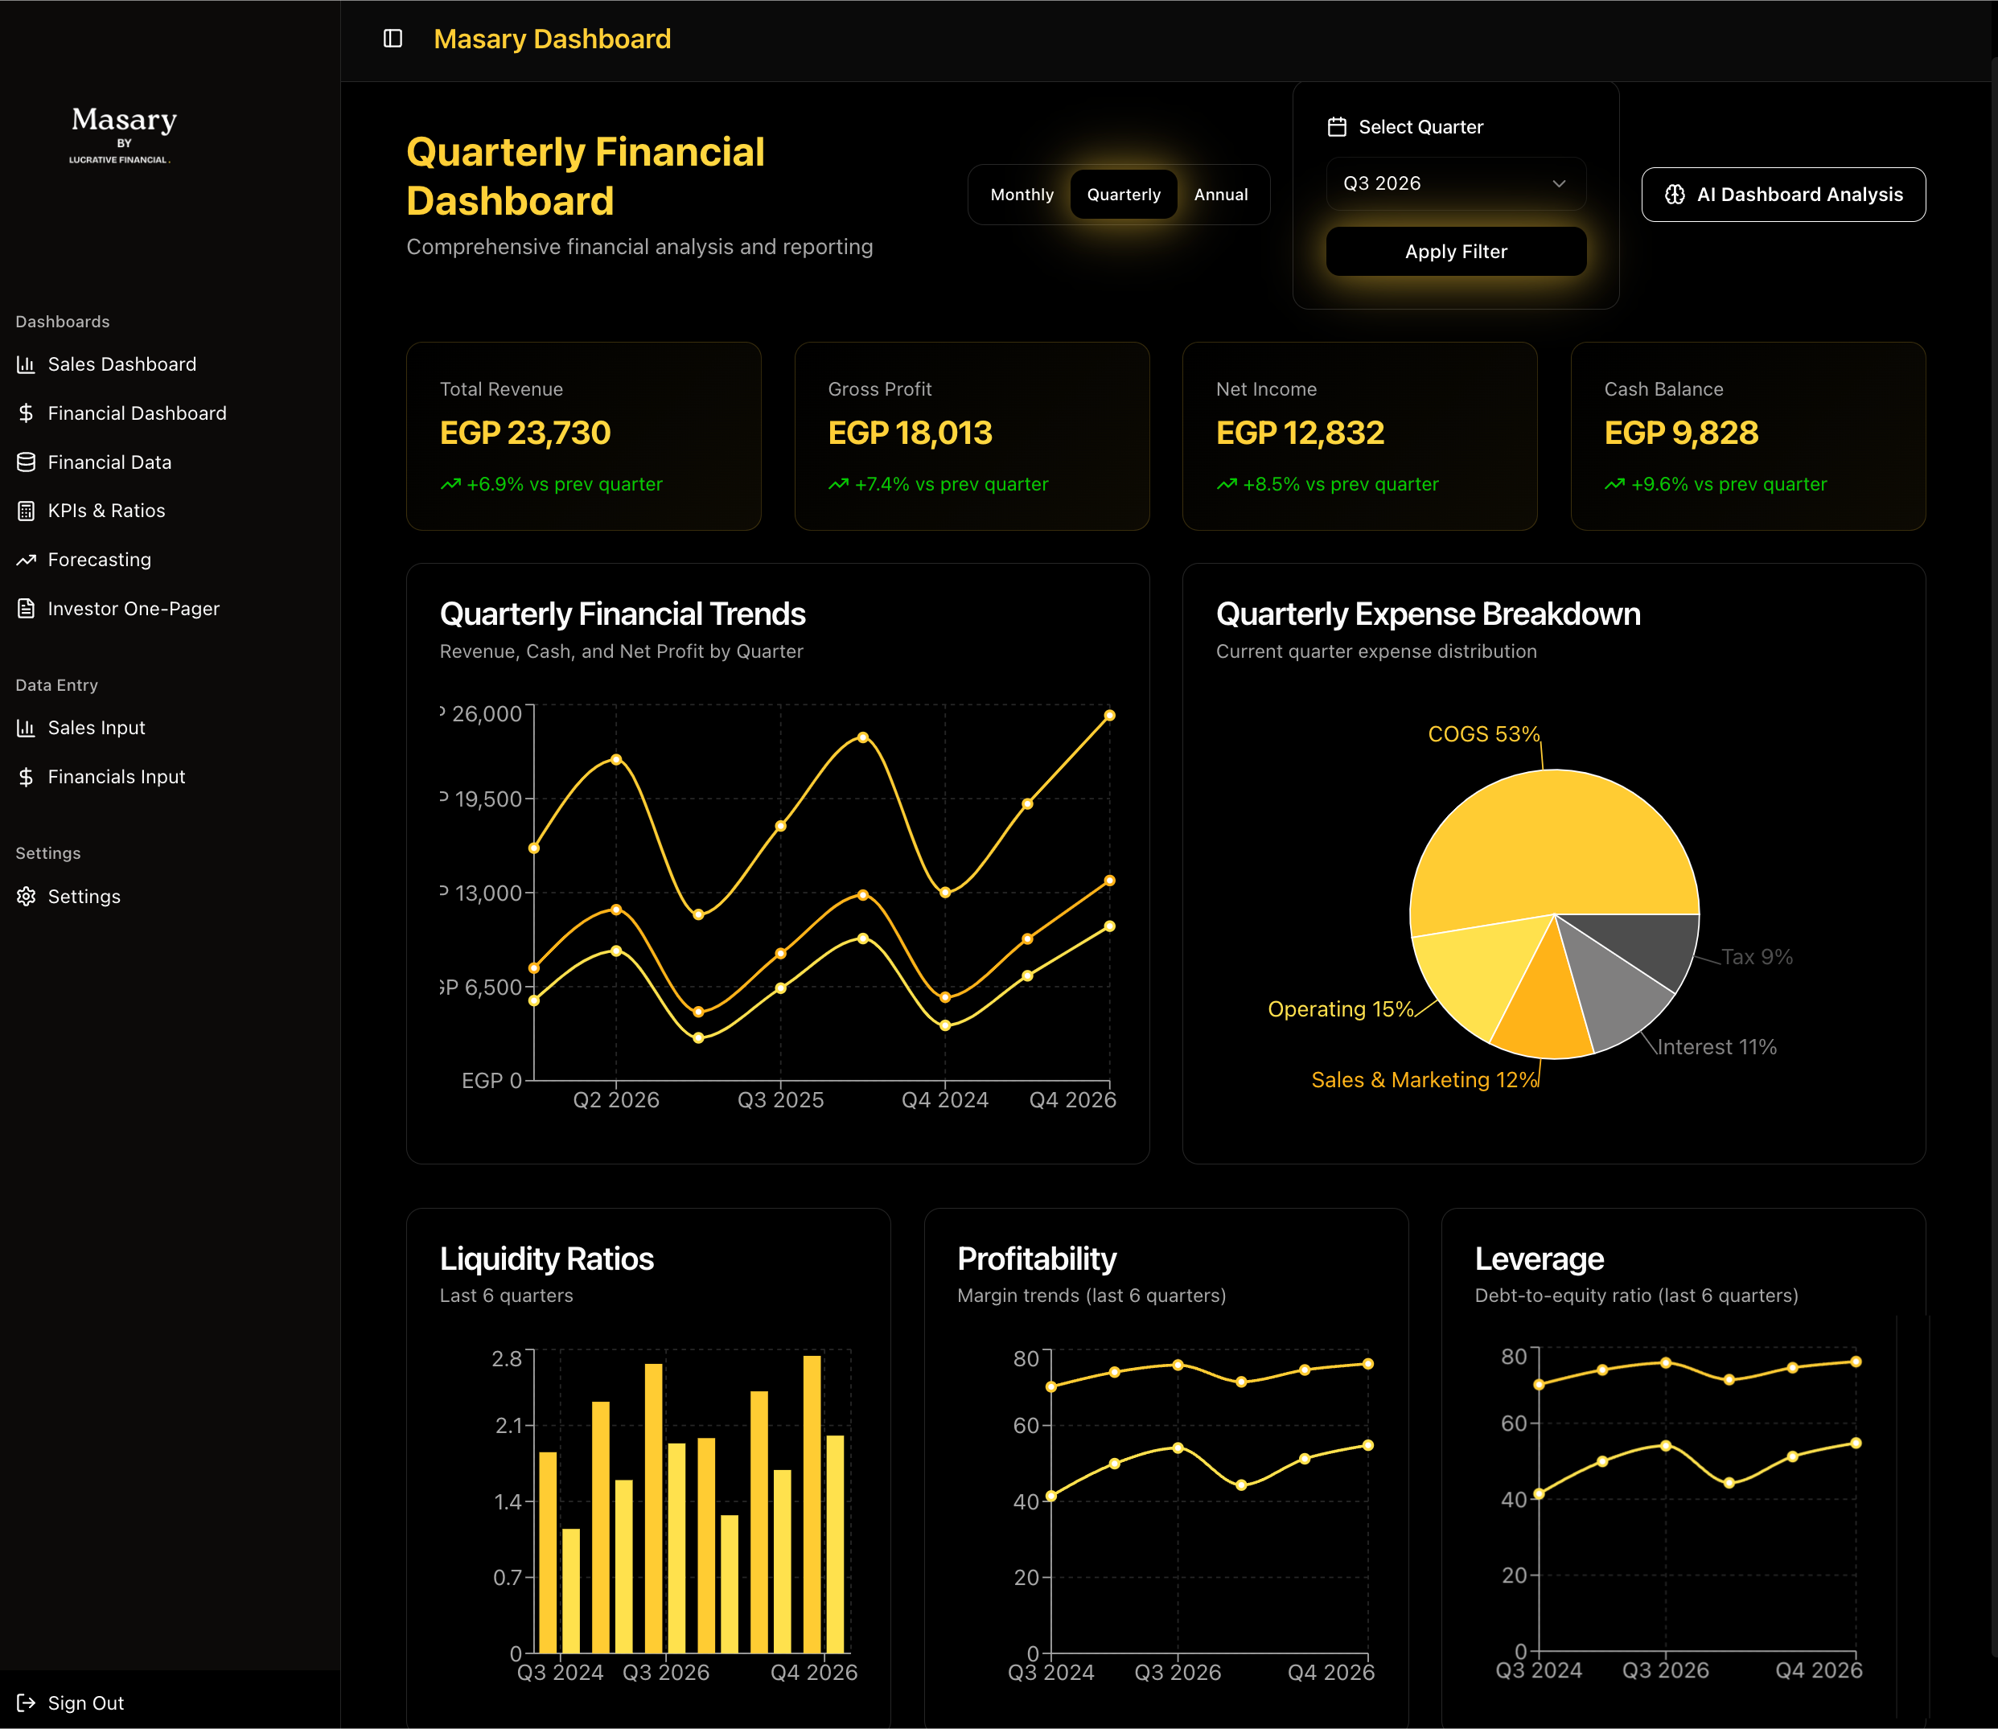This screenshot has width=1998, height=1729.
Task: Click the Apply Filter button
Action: (x=1456, y=252)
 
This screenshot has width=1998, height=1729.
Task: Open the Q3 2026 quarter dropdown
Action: (x=1456, y=183)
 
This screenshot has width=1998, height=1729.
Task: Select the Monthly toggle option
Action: (x=1022, y=195)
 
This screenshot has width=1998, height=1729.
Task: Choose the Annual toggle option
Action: (x=1220, y=195)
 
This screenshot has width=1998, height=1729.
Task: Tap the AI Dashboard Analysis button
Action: (x=1782, y=195)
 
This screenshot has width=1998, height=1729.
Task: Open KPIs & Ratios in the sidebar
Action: (x=106, y=511)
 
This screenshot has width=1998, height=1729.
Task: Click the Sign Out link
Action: (x=85, y=1703)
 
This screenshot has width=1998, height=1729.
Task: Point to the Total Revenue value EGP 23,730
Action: (x=525, y=433)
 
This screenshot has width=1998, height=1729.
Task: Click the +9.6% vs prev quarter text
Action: (x=1728, y=484)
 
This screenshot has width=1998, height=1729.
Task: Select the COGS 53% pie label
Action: (x=1482, y=734)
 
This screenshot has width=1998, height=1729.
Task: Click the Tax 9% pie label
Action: (x=1757, y=957)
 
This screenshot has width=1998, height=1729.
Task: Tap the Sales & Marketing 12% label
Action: (x=1423, y=1080)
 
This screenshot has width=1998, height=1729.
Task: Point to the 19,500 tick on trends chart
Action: (x=487, y=799)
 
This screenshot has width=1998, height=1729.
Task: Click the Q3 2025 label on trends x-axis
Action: (x=780, y=1100)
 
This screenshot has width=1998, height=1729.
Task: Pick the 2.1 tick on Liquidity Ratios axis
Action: (x=508, y=1425)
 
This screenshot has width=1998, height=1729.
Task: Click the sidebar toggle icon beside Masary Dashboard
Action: (x=393, y=39)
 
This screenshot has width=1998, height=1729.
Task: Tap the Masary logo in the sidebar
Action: (x=124, y=133)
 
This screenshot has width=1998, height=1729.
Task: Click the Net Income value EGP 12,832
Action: (x=1299, y=433)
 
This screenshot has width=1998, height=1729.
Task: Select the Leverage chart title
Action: (x=1539, y=1259)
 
